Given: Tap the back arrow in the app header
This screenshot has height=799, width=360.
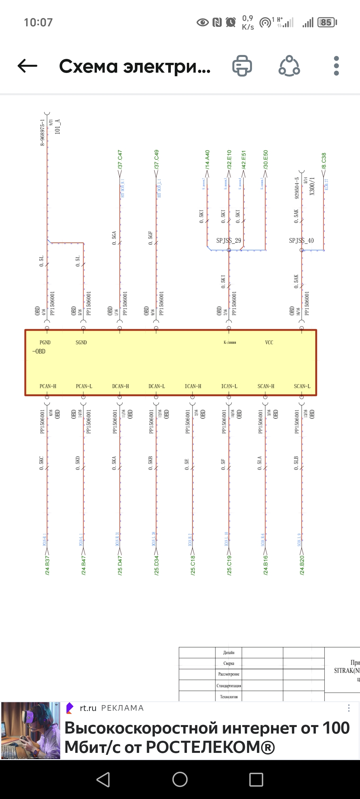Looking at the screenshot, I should click(x=27, y=66).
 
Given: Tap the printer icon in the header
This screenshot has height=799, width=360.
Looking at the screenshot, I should click(x=242, y=66).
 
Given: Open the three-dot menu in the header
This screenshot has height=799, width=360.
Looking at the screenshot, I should click(x=336, y=66).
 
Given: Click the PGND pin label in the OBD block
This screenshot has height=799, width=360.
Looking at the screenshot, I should click(x=45, y=342).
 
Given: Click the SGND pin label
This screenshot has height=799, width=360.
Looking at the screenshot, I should click(x=81, y=342).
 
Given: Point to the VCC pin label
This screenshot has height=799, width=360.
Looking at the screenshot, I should click(x=269, y=342).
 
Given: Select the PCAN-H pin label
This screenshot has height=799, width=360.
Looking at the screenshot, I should click(x=48, y=386).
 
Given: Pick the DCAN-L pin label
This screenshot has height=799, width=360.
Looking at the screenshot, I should click(x=157, y=386).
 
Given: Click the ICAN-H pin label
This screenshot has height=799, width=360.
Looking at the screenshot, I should click(x=193, y=386).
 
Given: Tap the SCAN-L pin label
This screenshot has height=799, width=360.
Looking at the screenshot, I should click(x=302, y=386).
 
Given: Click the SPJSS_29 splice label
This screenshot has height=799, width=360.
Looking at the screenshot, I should click(x=229, y=240).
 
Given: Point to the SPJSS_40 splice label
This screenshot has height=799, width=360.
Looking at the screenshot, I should click(x=301, y=240).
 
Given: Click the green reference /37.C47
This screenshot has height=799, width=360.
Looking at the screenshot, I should click(x=120, y=160).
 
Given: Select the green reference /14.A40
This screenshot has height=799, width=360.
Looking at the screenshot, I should click(x=207, y=160).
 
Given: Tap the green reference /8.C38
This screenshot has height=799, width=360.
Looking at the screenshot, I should click(x=324, y=161).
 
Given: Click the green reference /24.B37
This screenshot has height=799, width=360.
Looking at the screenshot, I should click(x=47, y=565).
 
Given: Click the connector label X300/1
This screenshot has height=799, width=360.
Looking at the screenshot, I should click(x=312, y=186).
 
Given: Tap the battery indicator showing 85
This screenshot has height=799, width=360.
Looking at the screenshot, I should click(x=327, y=22).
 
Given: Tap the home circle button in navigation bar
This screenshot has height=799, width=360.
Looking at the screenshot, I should click(x=180, y=779).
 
